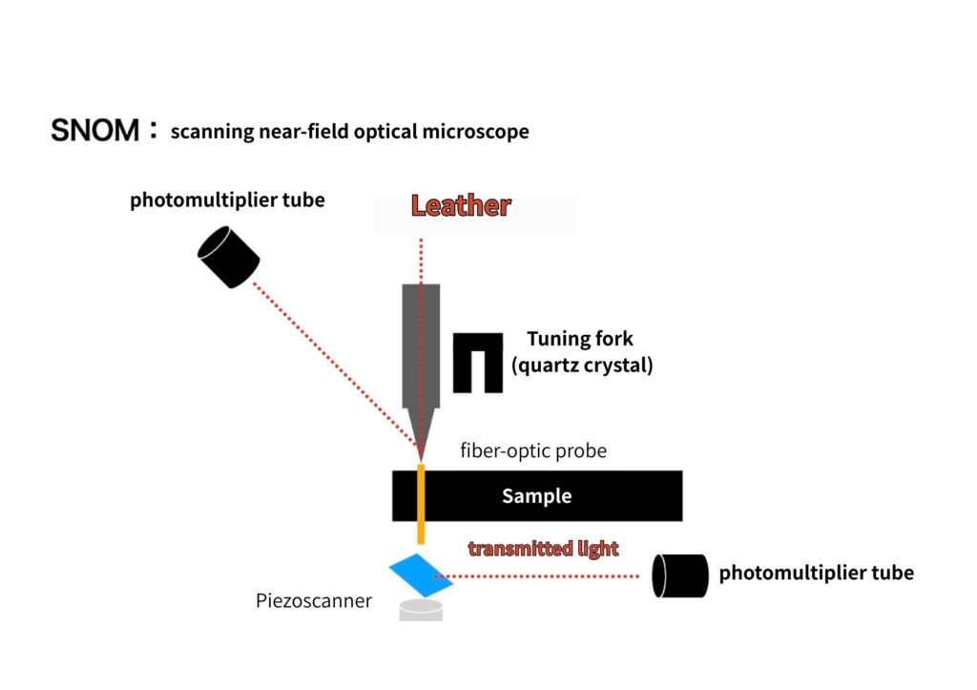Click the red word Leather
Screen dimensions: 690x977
click(461, 205)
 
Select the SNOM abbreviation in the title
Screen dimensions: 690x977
click(94, 131)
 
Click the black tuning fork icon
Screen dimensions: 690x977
click(477, 362)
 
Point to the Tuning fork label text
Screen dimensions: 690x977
click(579, 339)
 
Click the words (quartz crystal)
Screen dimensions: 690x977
click(582, 365)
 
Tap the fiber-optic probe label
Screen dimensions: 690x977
click(532, 450)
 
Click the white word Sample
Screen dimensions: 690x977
click(536, 496)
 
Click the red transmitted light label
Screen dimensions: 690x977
click(543, 549)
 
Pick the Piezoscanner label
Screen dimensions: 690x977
click(313, 601)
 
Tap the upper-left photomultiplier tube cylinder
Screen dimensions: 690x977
click(229, 257)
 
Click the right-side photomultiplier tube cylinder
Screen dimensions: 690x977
click(679, 575)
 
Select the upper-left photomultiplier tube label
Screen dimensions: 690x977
click(227, 200)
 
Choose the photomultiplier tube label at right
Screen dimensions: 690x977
click(816, 573)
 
